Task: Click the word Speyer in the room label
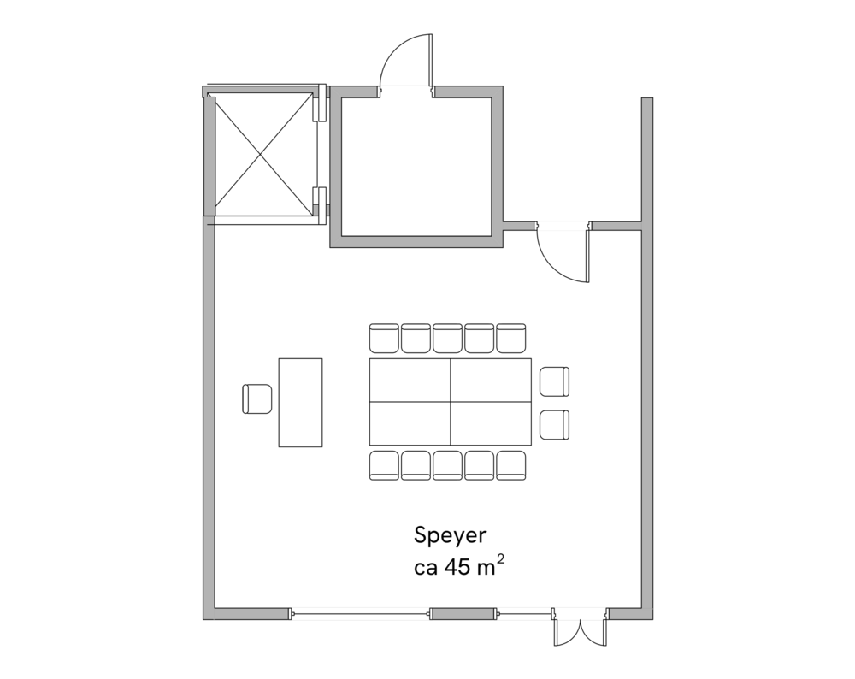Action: [450, 537]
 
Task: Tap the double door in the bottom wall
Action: [580, 630]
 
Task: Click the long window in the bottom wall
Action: [359, 613]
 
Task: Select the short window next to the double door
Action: [523, 613]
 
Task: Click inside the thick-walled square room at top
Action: [416, 167]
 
